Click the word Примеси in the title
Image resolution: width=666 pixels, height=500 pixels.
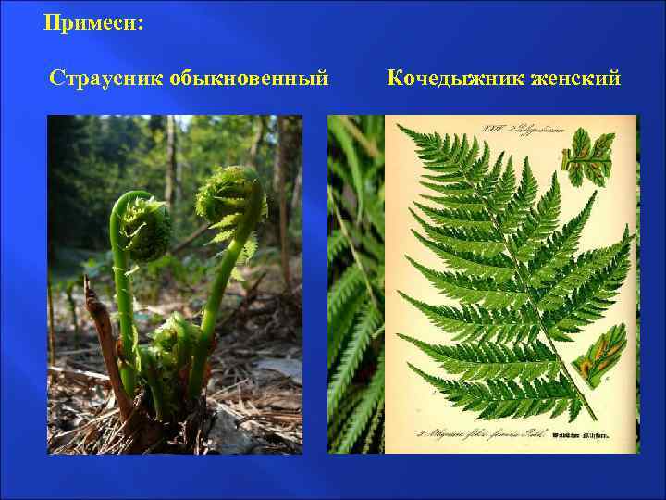(x=90, y=21)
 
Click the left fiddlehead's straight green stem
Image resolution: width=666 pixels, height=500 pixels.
(x=119, y=296)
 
